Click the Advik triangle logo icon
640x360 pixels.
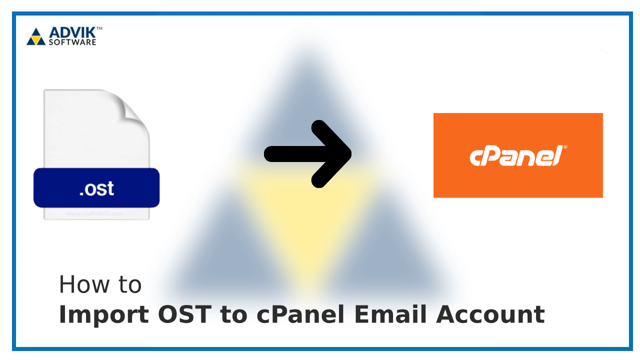(35, 36)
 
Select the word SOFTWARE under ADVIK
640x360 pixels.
(72, 42)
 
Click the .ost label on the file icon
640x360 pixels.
(96, 188)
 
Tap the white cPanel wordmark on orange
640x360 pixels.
(515, 156)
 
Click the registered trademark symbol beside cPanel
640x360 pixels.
(565, 147)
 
